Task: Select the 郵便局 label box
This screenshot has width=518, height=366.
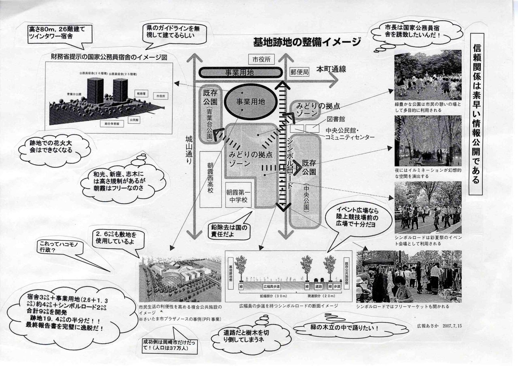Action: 300,72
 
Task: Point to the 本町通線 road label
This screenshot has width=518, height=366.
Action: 331,69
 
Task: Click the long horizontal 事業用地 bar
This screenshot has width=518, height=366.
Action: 241,72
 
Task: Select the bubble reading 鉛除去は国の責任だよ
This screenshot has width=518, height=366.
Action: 229,230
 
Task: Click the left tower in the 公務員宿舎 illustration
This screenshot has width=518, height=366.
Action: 96,91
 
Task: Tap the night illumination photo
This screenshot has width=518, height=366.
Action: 428,140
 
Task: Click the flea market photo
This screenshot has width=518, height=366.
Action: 408,277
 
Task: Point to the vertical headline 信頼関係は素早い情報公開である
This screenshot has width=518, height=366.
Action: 477,113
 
